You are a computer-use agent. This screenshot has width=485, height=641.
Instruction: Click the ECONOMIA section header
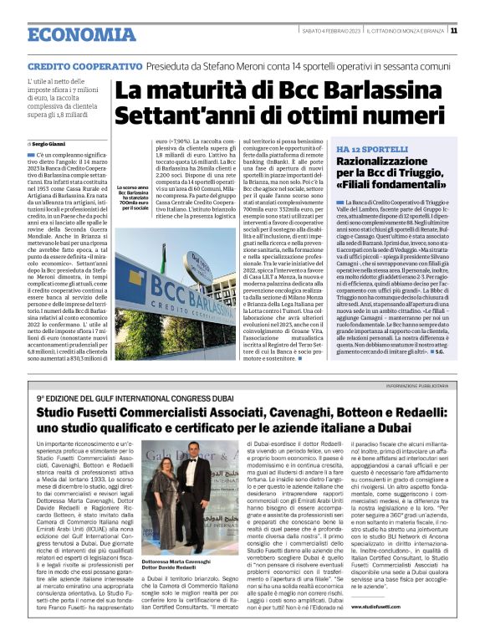pyautogui.click(x=80, y=34)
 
